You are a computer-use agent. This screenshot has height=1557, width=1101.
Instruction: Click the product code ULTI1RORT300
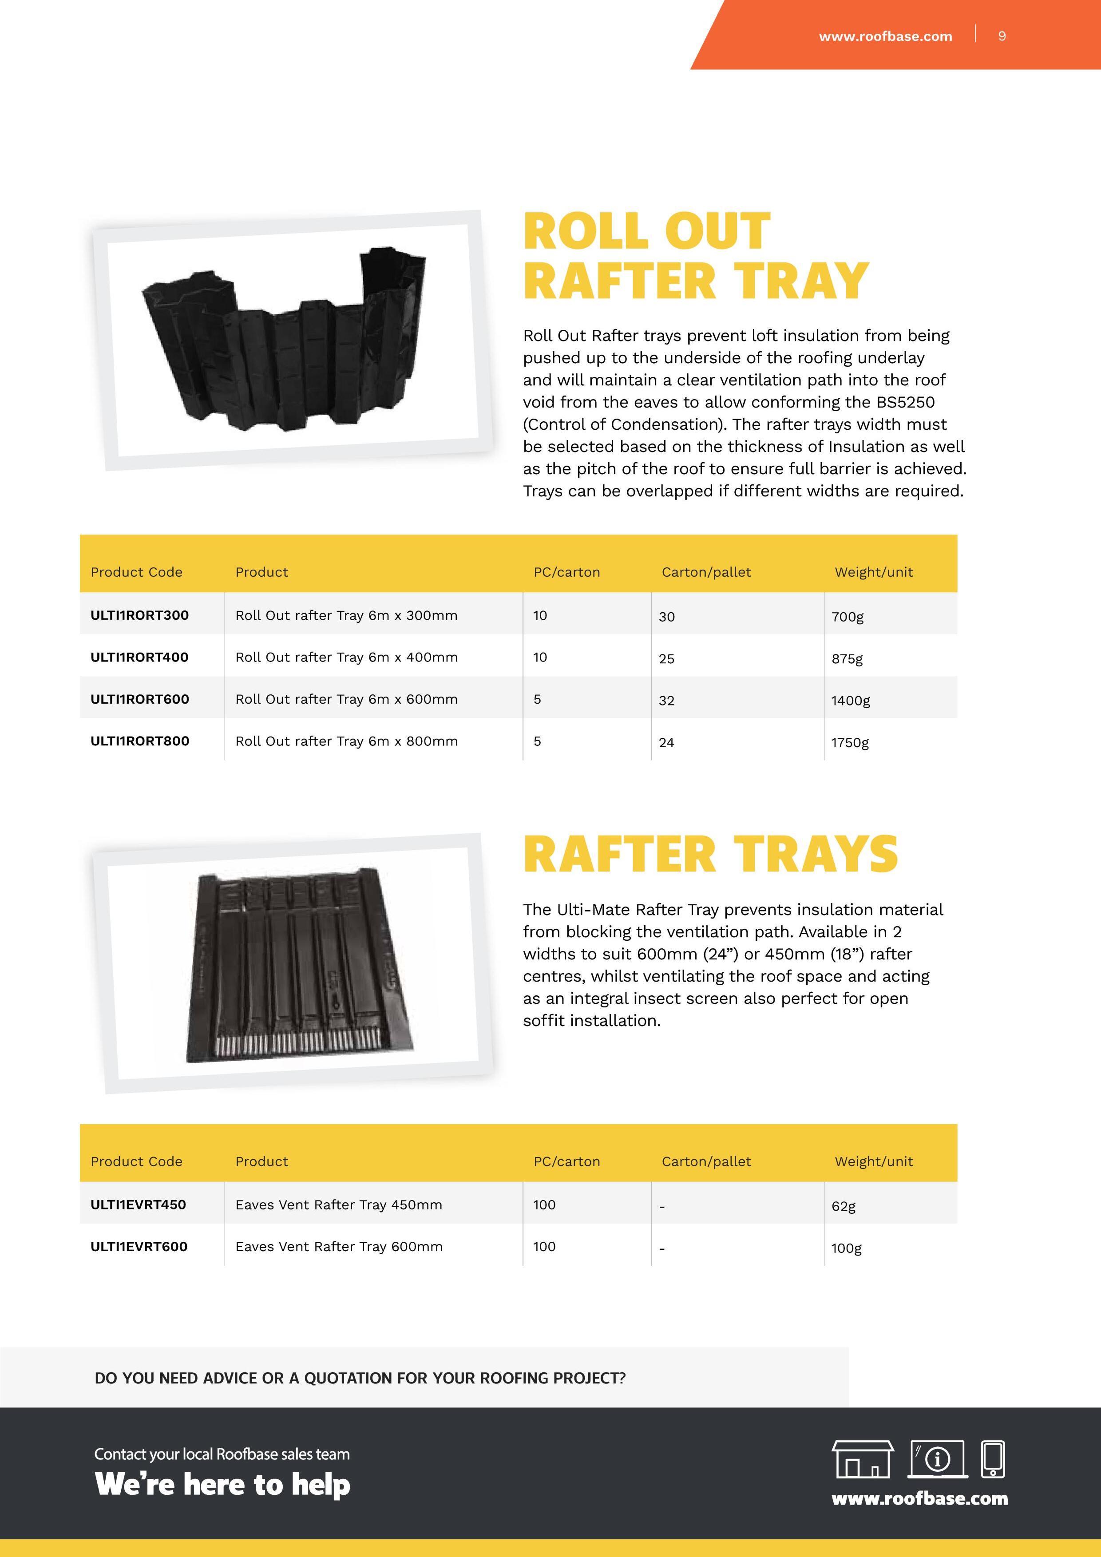click(x=140, y=615)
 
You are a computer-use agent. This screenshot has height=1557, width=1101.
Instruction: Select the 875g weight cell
click(x=847, y=658)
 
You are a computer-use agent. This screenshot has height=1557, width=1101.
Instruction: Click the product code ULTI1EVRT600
click(x=139, y=1246)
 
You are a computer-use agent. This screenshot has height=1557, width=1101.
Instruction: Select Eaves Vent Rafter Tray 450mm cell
click(x=338, y=1204)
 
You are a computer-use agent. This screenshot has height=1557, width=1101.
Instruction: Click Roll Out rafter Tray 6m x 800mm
click(x=346, y=741)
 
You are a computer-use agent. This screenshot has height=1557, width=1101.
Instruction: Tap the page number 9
click(x=1002, y=36)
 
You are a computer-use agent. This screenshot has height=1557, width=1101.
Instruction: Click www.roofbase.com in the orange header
click(x=885, y=36)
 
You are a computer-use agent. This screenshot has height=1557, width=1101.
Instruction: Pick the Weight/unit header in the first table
click(x=873, y=572)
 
